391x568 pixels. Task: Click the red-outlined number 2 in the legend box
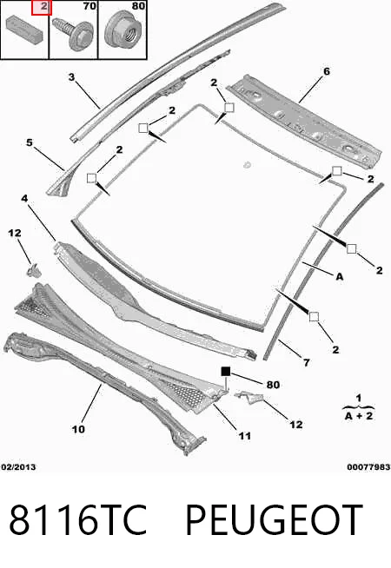pyautogui.click(x=42, y=7)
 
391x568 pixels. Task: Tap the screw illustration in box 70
pyautogui.click(x=72, y=32)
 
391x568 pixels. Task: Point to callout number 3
pyautogui.click(x=71, y=76)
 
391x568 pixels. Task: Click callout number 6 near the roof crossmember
pyautogui.click(x=327, y=71)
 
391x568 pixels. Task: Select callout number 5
pyautogui.click(x=30, y=142)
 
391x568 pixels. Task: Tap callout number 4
pyautogui.click(x=24, y=198)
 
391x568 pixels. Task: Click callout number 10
pyautogui.click(x=78, y=429)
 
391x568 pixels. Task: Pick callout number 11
pyautogui.click(x=245, y=435)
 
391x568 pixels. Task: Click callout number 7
pyautogui.click(x=307, y=362)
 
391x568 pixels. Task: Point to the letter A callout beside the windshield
pyautogui.click(x=339, y=277)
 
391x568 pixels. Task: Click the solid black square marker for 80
pyautogui.click(x=226, y=372)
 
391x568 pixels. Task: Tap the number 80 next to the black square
pyautogui.click(x=273, y=385)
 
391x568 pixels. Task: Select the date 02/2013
pyautogui.click(x=18, y=467)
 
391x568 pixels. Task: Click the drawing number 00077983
pyautogui.click(x=368, y=467)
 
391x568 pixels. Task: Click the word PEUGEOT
pyautogui.click(x=274, y=519)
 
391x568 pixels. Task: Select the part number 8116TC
pyautogui.click(x=77, y=519)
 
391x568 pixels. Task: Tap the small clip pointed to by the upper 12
pyautogui.click(x=33, y=270)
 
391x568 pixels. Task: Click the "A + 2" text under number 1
pyautogui.click(x=358, y=415)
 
